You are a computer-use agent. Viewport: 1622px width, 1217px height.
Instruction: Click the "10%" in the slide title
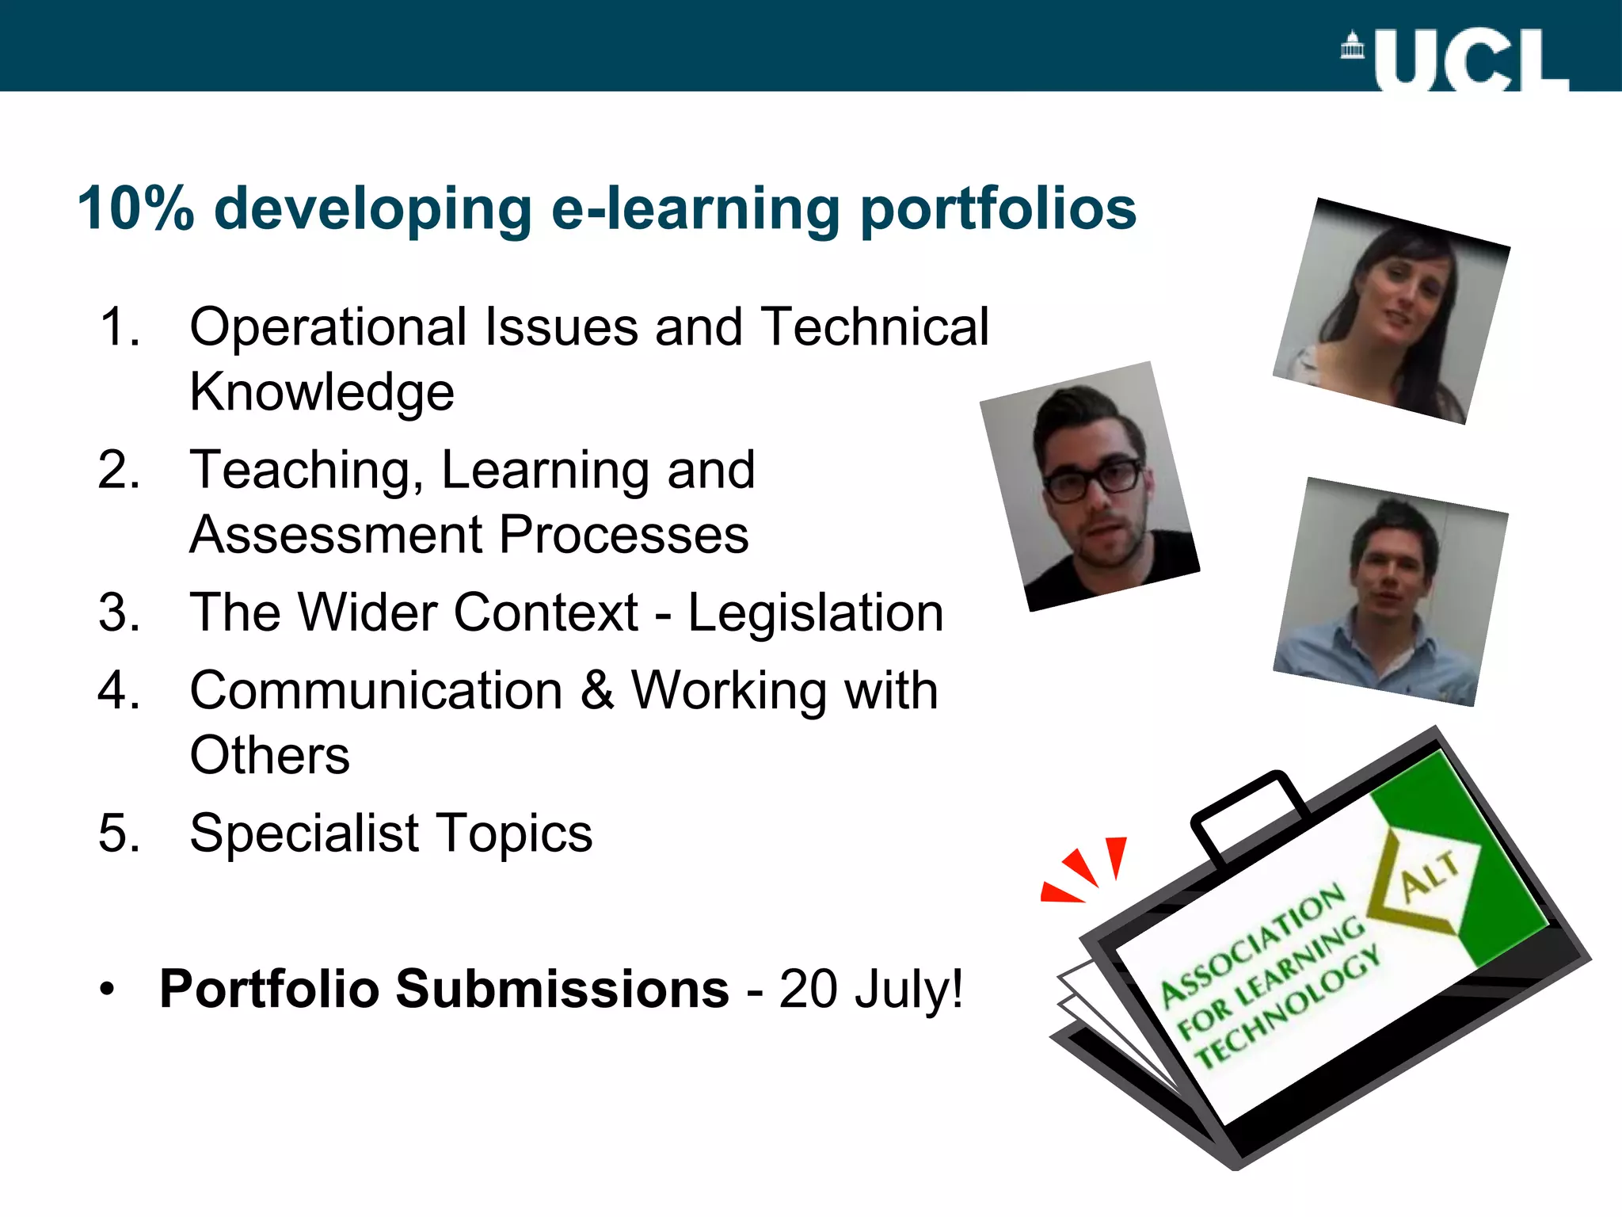pos(135,209)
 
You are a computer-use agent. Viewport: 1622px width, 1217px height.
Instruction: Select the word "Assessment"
pos(336,534)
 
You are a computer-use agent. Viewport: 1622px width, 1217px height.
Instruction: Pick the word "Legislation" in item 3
pos(815,612)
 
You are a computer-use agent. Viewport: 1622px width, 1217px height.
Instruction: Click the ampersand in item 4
pos(597,689)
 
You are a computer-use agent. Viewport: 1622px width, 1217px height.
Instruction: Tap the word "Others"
pos(269,754)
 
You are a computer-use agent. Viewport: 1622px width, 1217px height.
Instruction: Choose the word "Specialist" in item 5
pos(304,833)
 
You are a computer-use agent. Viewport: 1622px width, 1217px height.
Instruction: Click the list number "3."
pos(120,612)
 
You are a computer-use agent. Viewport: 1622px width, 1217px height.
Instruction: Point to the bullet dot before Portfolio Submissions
pos(107,990)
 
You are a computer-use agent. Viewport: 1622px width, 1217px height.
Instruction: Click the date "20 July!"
pos(870,990)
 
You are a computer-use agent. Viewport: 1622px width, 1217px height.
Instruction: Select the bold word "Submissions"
pos(562,990)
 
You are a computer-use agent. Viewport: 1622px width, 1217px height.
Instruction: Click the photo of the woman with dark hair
pos(1392,311)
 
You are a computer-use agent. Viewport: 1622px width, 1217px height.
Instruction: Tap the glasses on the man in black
pos(1092,479)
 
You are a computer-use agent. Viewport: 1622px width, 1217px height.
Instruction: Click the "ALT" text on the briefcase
pos(1430,877)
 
